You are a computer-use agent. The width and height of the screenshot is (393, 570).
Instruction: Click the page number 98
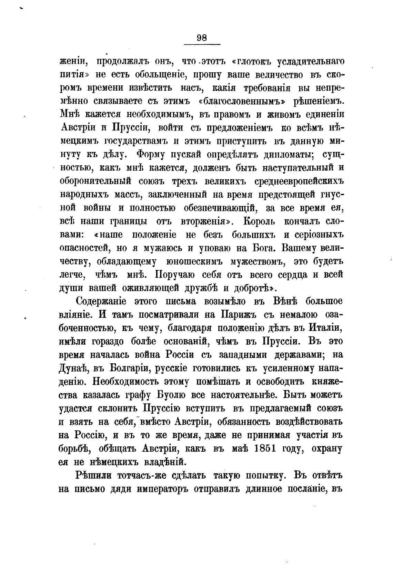click(202, 38)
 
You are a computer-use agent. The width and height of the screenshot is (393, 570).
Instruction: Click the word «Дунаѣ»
click(75, 369)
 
